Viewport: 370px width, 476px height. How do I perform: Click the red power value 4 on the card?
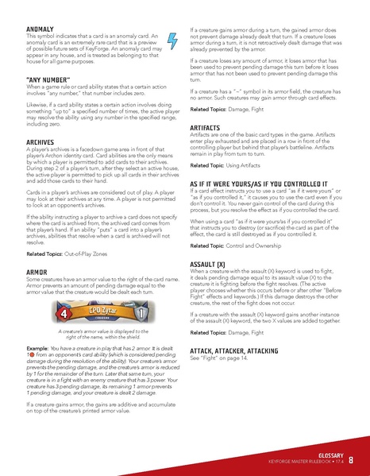[58, 312]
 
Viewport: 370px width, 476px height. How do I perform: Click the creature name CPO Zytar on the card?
[102, 308]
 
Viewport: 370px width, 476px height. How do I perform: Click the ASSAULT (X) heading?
[212, 263]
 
